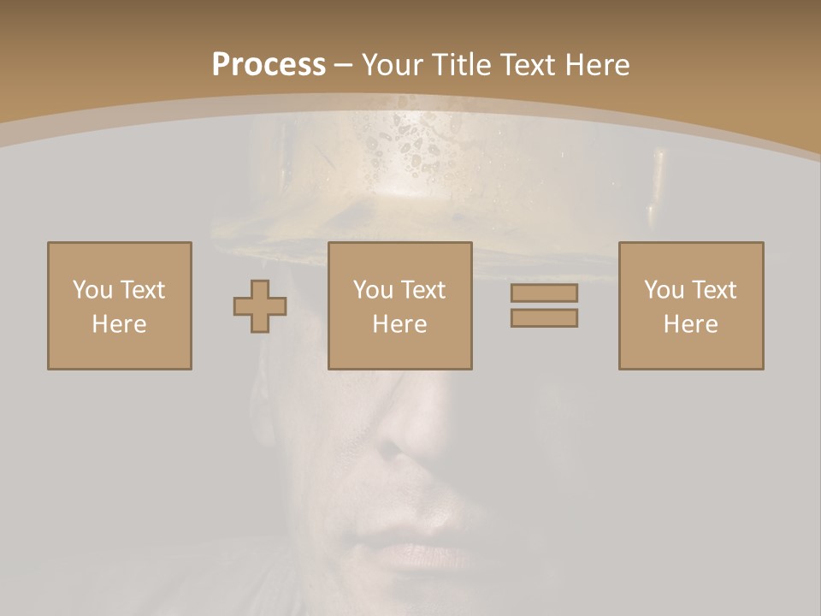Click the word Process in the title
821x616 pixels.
click(269, 65)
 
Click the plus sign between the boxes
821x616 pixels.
click(260, 305)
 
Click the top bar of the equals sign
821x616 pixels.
click(544, 293)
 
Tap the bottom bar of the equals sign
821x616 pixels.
click(544, 317)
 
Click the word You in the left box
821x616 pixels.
click(92, 290)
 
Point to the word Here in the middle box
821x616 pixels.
click(400, 324)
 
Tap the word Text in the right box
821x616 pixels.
click(713, 290)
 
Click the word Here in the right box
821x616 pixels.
click(691, 324)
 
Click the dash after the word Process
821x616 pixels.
click(344, 65)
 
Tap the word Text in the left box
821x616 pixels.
click(142, 290)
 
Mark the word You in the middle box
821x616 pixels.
click(373, 290)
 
